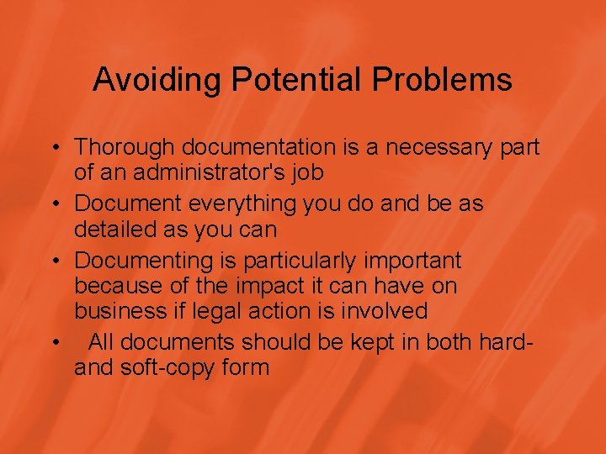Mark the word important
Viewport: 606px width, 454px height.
(x=417, y=261)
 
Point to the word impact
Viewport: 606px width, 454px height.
(x=258, y=285)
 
